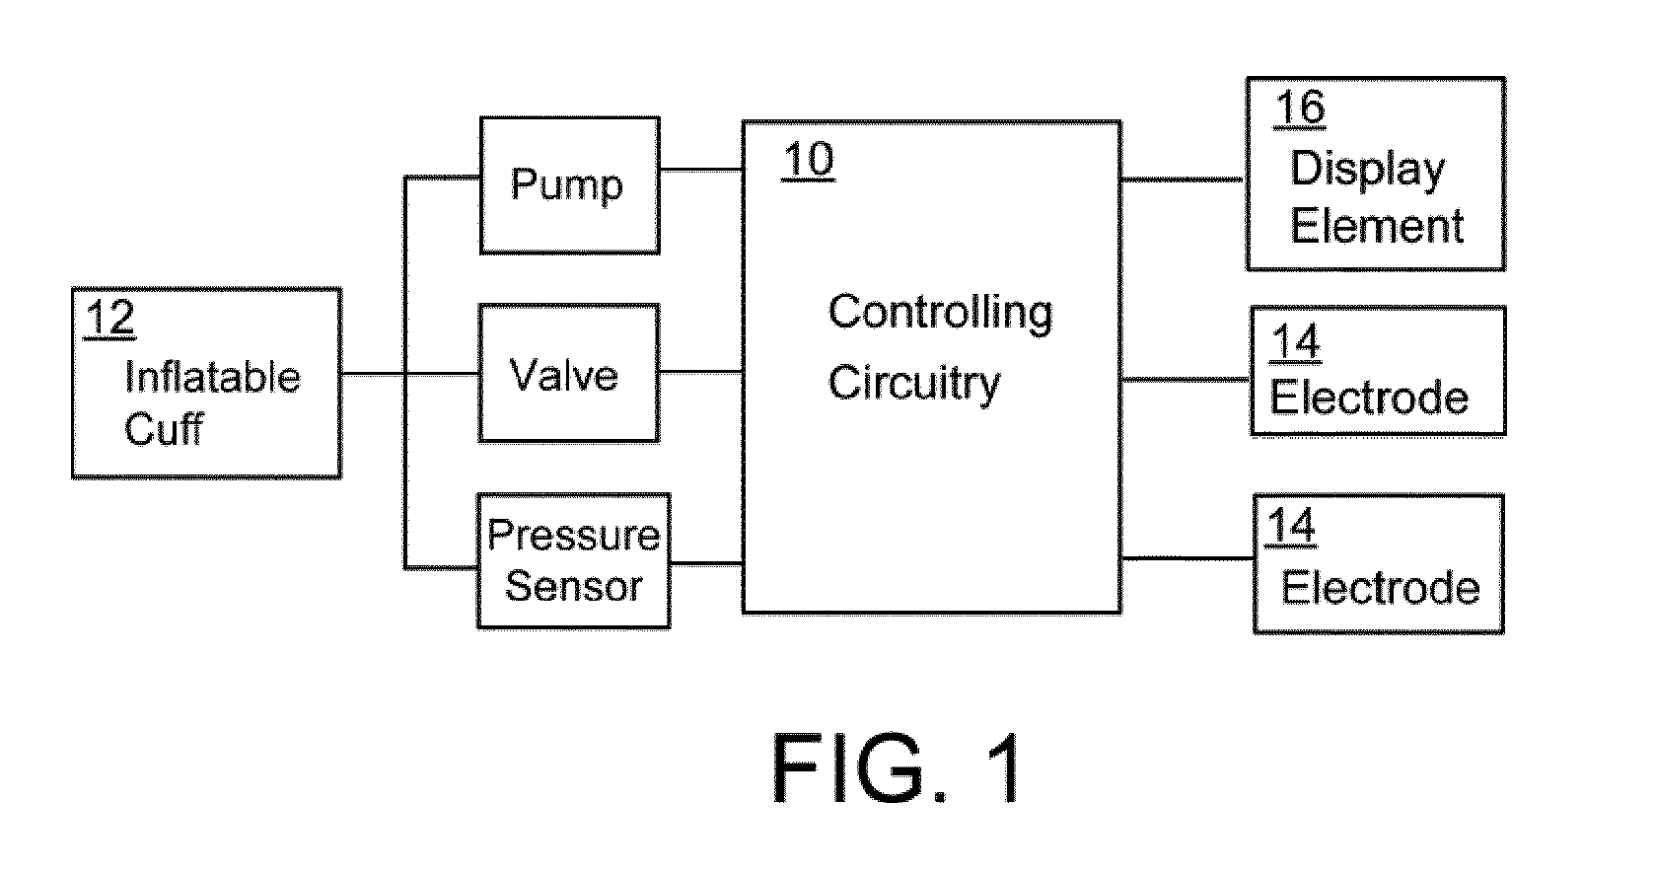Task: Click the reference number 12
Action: tap(110, 319)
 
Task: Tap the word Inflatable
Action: tap(213, 378)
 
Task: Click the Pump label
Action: tap(566, 184)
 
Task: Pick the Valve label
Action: tap(563, 375)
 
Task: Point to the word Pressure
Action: tap(573, 535)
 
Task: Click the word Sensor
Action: tap(574, 586)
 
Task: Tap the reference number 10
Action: tap(809, 160)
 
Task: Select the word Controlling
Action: tap(940, 314)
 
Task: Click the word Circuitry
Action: tap(914, 384)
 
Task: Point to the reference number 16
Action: tap(1300, 108)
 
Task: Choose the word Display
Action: tap(1368, 170)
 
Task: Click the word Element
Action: tap(1377, 226)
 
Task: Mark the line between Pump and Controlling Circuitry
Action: tap(700, 170)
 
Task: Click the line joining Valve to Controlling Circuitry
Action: tap(700, 371)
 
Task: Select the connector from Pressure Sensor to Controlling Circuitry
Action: tap(706, 564)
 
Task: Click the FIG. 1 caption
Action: tap(898, 768)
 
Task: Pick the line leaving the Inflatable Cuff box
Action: tap(410, 374)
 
